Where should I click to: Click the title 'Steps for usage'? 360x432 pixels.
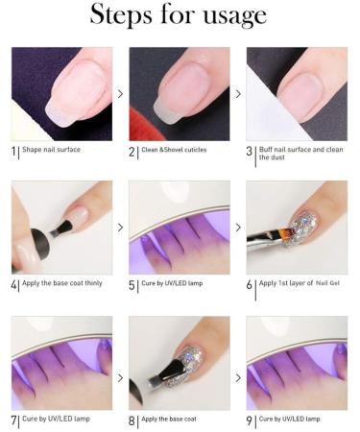(179, 16)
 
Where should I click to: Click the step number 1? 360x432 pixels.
(13, 152)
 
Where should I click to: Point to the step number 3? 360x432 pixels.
(249, 152)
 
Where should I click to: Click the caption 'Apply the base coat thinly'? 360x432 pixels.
(64, 285)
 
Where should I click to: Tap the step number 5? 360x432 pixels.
(132, 285)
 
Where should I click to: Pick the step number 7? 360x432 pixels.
(13, 420)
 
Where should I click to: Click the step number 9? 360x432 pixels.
(249, 420)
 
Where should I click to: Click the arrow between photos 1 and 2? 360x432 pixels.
(120, 94)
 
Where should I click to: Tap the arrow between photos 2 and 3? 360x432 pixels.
(238, 94)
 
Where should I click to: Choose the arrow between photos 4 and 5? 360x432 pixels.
(120, 228)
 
